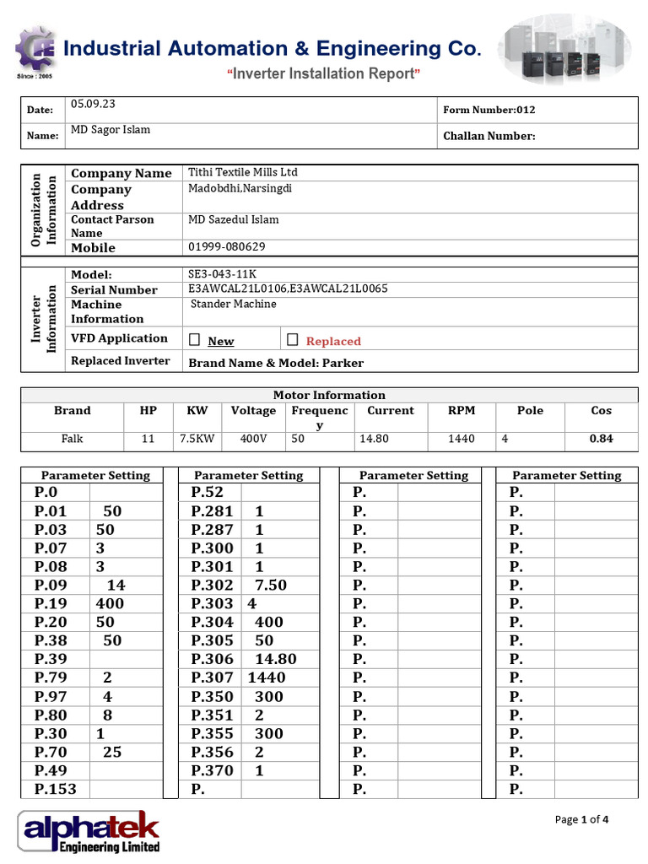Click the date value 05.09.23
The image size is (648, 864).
(93, 105)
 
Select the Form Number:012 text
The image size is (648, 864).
(489, 110)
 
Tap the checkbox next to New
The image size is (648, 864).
(195, 340)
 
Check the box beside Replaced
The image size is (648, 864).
(293, 340)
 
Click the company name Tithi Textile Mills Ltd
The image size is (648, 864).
(243, 172)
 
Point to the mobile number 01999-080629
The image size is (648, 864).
(226, 247)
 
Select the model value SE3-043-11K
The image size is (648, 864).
(222, 274)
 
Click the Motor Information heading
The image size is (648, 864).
(329, 395)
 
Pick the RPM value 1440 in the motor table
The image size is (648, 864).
(462, 439)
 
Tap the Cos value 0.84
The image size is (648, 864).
(601, 439)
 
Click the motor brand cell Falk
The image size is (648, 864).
(72, 439)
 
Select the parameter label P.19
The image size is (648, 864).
(51, 603)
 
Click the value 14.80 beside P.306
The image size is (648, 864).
(276, 659)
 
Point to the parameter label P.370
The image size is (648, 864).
(213, 770)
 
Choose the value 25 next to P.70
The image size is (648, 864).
(112, 752)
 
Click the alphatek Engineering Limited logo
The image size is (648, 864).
(89, 831)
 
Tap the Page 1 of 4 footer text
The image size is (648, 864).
(581, 819)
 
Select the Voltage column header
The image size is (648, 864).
(253, 411)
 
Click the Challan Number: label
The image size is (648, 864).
(489, 136)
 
